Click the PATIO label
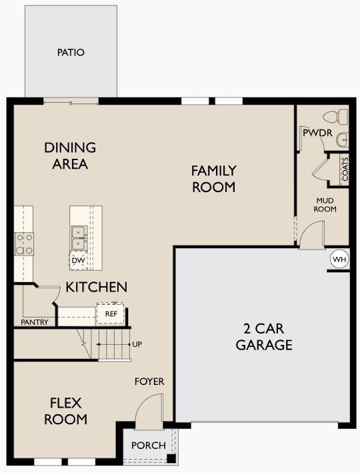[x=71, y=52]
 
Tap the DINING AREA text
[x=70, y=155]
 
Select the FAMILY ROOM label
[x=214, y=179]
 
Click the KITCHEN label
[x=96, y=288]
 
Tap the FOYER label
[x=149, y=382]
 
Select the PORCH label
[x=148, y=446]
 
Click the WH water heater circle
[x=339, y=259]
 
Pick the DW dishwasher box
[x=78, y=260]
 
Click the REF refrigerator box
[x=111, y=313]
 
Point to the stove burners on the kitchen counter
[x=25, y=244]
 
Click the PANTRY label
[x=34, y=322]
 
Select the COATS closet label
[x=345, y=169]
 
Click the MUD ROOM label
[x=325, y=204]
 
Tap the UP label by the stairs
[x=137, y=344]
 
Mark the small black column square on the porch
[x=171, y=459]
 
